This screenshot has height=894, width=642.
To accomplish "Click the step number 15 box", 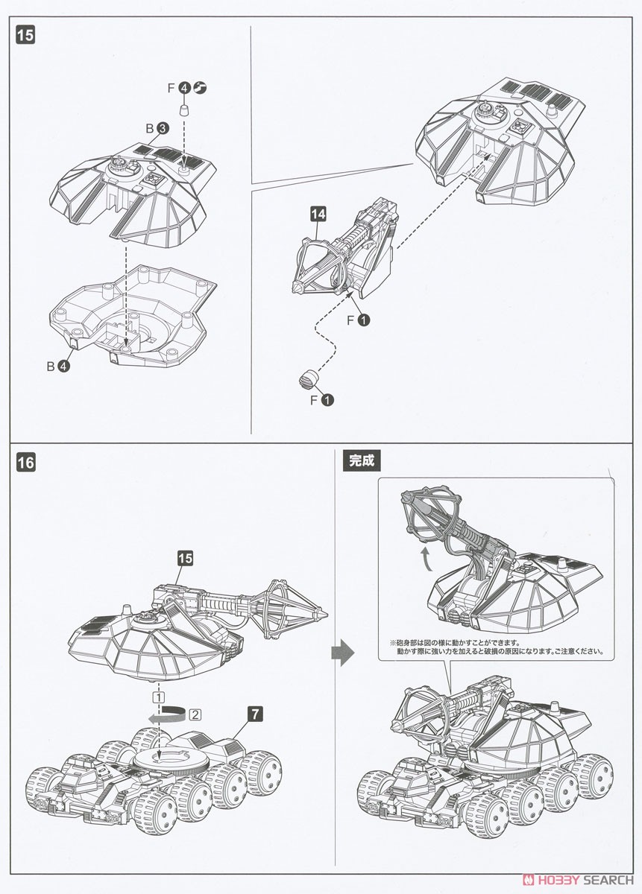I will click(x=24, y=35).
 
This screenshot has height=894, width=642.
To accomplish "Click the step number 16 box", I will click(x=24, y=461).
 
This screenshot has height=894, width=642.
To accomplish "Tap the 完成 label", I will click(x=360, y=460).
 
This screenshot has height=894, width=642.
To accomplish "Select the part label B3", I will click(x=157, y=128).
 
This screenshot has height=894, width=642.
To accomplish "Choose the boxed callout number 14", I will click(x=318, y=214).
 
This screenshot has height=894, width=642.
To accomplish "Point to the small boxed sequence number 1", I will click(x=158, y=697).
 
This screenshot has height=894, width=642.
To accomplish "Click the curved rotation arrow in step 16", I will click(x=166, y=716).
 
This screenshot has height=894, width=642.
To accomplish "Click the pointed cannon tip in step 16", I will click(x=325, y=615).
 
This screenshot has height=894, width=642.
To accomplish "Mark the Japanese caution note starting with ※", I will click(x=493, y=646).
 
